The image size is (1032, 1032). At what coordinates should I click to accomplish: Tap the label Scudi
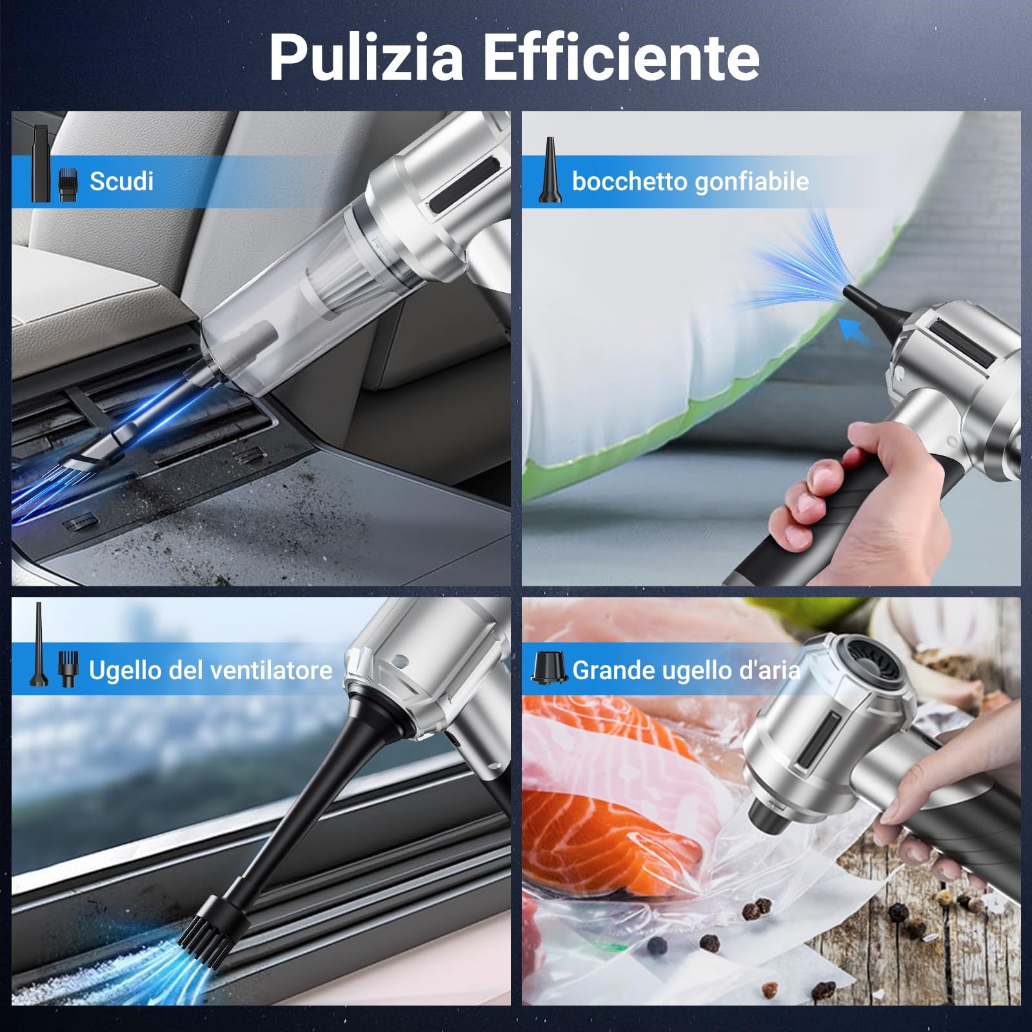[x=121, y=181]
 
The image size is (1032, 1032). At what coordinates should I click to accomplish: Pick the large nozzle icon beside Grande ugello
[x=548, y=667]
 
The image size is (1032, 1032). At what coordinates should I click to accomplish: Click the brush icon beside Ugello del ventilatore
[x=66, y=669]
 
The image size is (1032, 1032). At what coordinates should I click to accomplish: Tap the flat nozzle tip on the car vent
[x=90, y=455]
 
